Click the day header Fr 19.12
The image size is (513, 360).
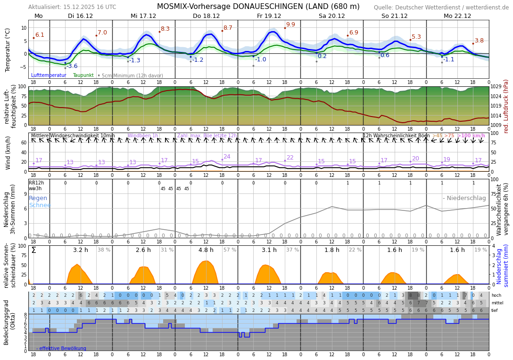pos(269,16)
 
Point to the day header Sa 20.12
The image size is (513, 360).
pos(331,16)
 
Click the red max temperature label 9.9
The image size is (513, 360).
pos(290,25)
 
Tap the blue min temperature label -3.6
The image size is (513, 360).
pos(72,66)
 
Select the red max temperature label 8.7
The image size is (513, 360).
pos(228,28)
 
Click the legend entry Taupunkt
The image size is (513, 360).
pos(83,75)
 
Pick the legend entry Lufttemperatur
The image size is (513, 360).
pos(49,75)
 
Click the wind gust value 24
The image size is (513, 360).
pos(227,157)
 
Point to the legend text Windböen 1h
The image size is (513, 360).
pos(142,136)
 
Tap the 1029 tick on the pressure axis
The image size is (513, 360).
pos(496,86)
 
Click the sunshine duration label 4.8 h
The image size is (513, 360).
pos(206,250)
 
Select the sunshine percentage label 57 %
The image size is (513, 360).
pos(230,250)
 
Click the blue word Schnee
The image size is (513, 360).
pos(40,205)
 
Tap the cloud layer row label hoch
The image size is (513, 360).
pos(496,295)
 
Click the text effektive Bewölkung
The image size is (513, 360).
pos(63,348)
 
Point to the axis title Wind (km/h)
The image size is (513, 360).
pos(8,153)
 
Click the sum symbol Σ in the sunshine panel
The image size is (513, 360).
pos(33,250)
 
